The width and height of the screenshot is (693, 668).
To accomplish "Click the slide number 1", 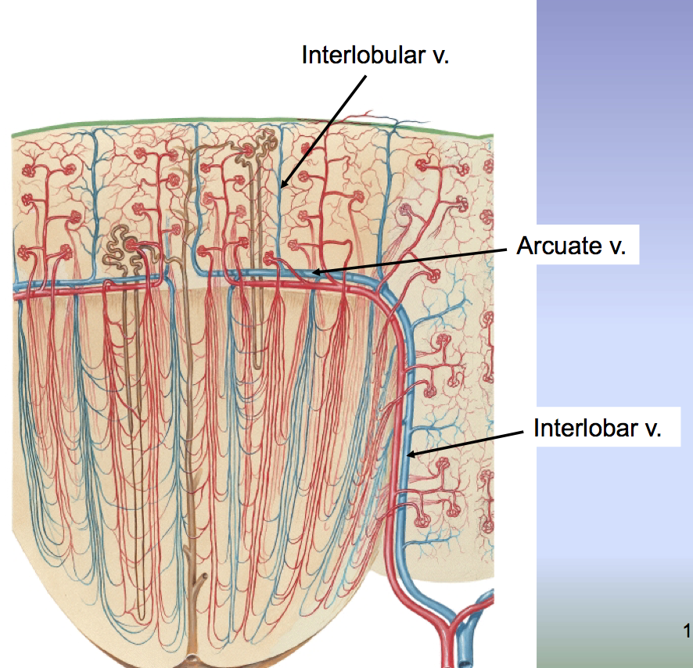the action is click(x=687, y=630).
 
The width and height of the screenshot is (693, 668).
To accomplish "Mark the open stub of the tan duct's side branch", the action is click(x=203, y=580).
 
